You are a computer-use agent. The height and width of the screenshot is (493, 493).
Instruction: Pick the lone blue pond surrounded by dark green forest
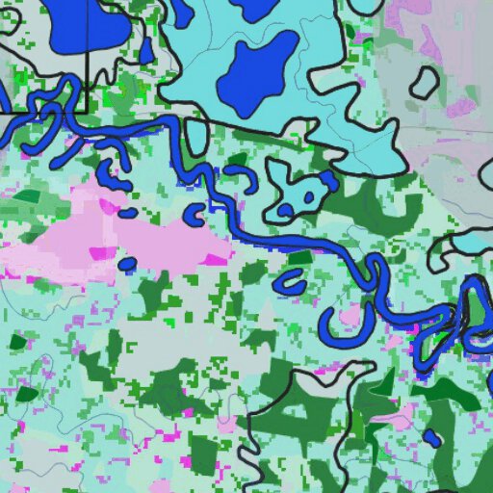432,438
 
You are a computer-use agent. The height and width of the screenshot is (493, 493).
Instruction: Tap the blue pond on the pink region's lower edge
126,263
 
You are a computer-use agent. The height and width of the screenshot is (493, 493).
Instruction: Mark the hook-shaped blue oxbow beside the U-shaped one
290,282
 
